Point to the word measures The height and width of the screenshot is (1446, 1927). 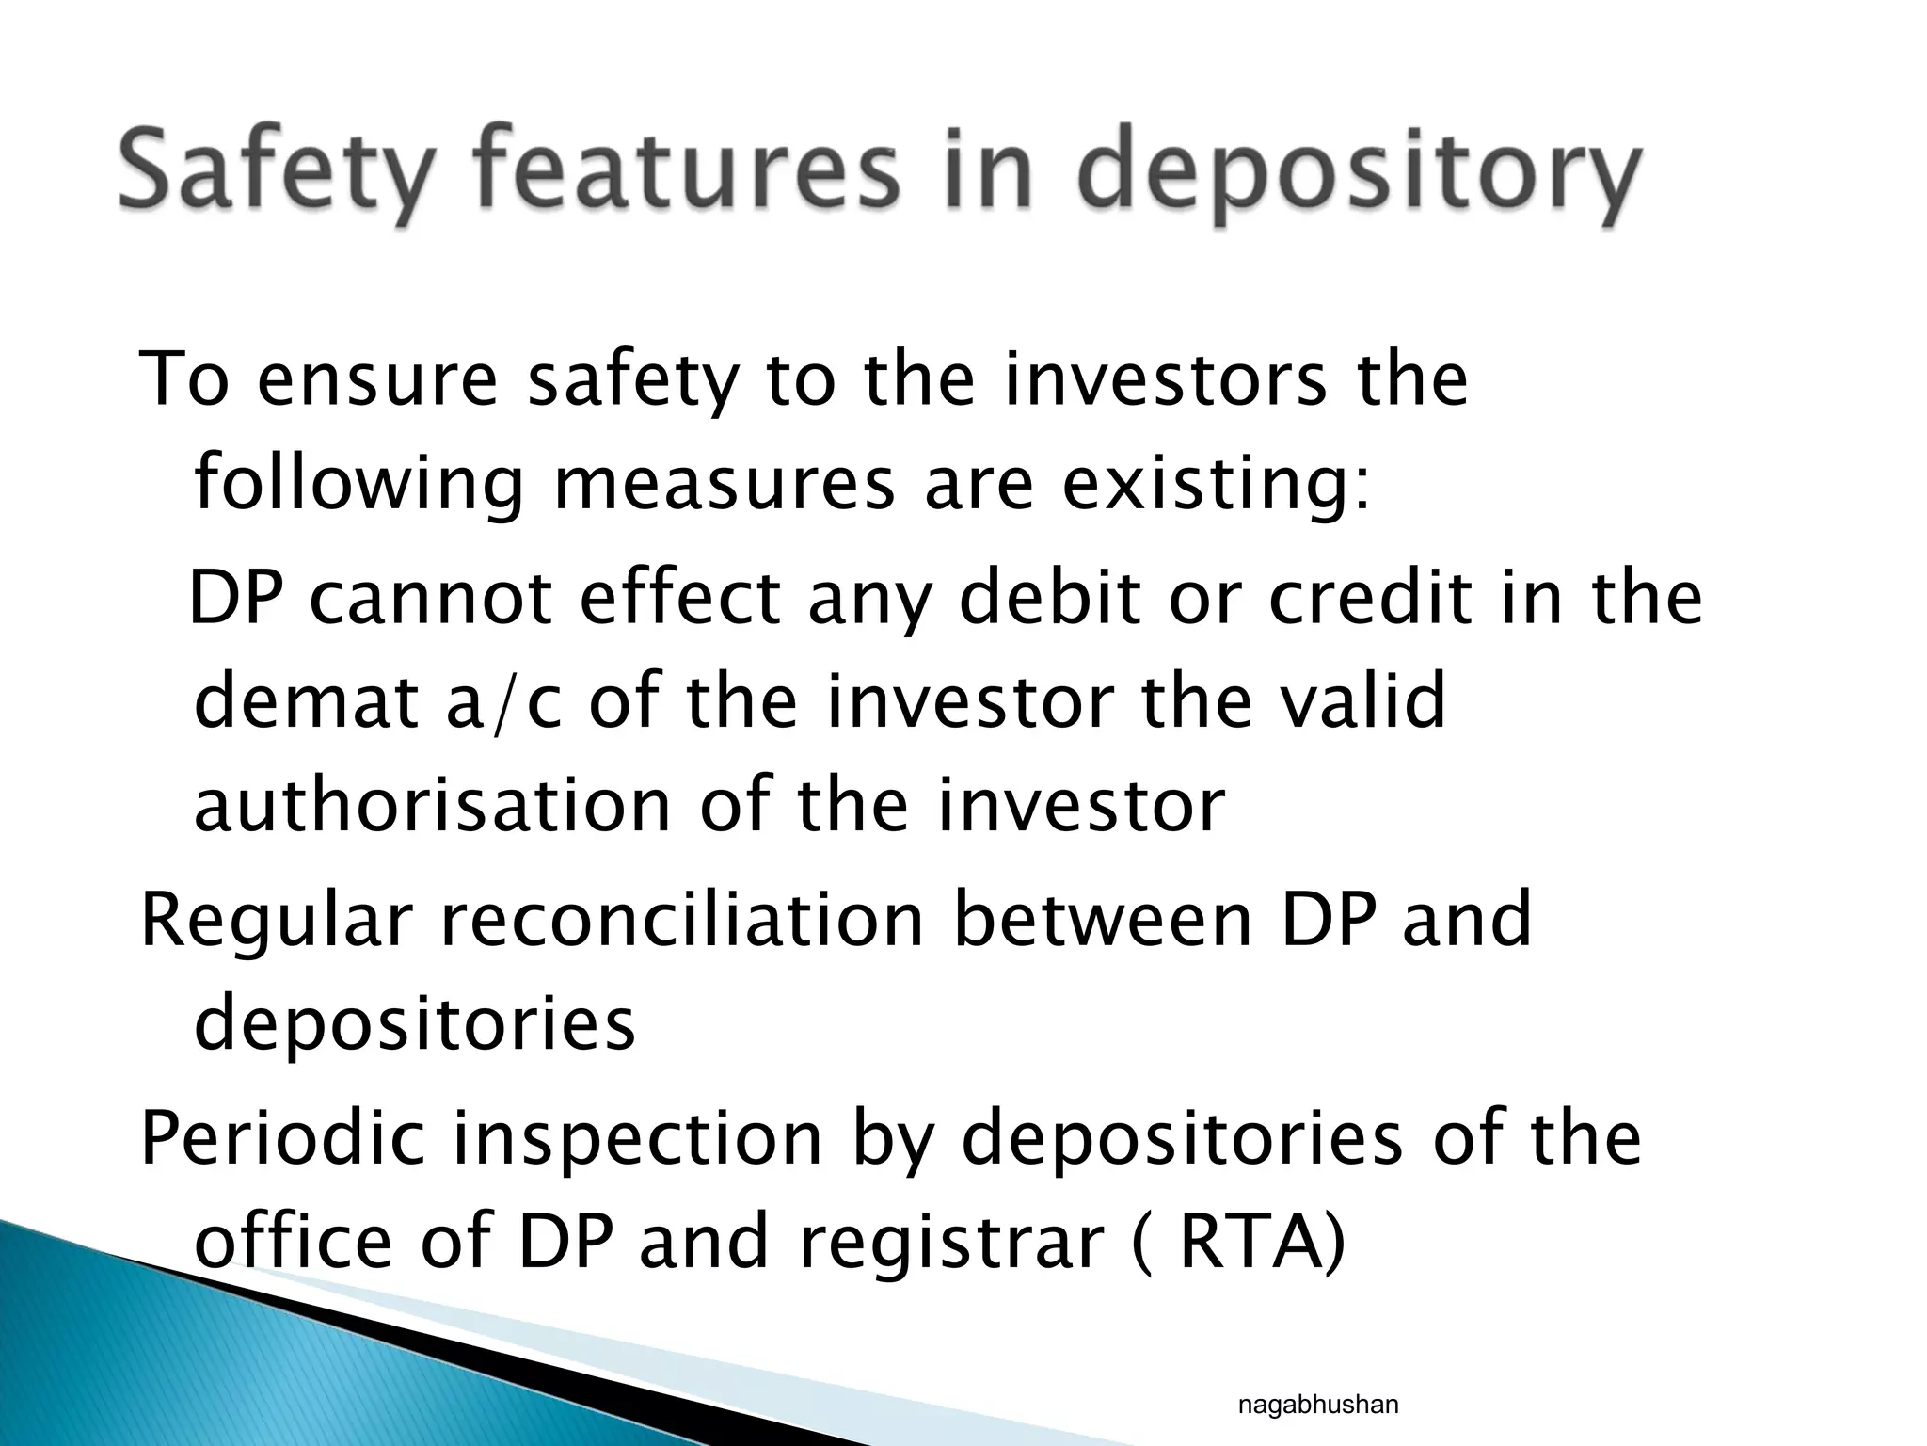pyautogui.click(x=724, y=484)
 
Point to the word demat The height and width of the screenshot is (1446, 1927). pyautogui.click(x=306, y=702)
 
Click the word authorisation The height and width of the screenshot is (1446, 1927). pyautogui.click(x=432, y=806)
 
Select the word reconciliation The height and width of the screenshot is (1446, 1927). pyautogui.click(x=683, y=921)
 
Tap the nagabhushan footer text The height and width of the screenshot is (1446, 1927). pyautogui.click(x=1317, y=1406)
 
